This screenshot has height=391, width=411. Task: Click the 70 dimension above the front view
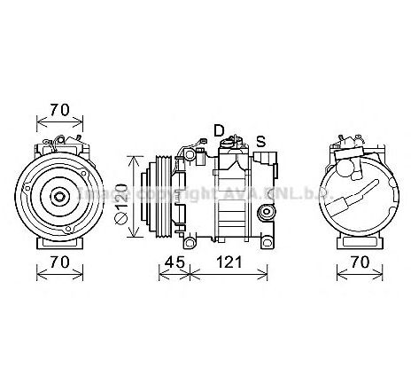click(59, 110)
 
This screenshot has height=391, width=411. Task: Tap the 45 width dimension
click(174, 262)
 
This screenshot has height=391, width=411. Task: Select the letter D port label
click(218, 129)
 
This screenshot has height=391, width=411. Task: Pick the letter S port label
click(260, 140)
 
